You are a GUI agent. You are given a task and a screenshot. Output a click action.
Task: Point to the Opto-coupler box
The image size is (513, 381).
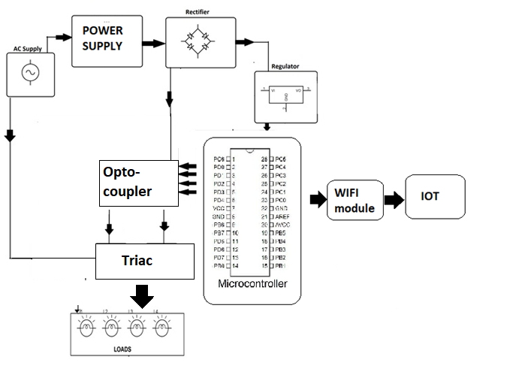pyautogui.click(x=139, y=182)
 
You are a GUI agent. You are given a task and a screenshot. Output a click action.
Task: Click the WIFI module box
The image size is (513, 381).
pyautogui.click(x=355, y=200)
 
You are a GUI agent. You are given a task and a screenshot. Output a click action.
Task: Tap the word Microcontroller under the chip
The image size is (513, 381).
pyautogui.click(x=252, y=284)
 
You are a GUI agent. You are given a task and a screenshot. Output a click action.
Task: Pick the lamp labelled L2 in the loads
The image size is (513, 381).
pyautogui.click(x=110, y=328)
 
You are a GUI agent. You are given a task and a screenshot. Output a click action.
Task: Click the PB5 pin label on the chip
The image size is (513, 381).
pyautogui.click(x=280, y=233)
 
